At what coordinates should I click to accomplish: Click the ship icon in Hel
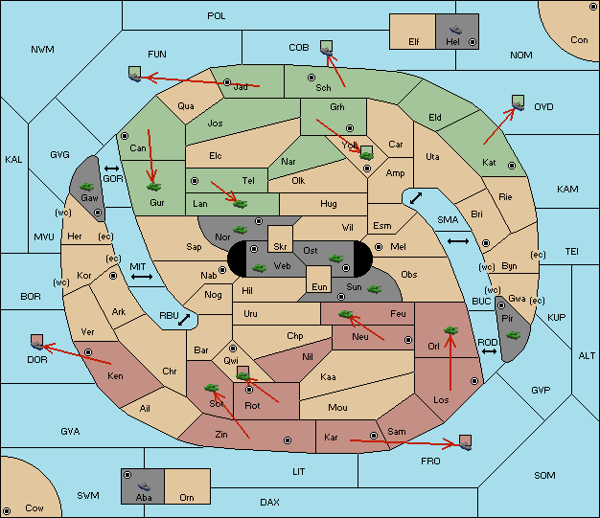point(455,30)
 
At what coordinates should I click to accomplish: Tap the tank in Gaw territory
point(87,187)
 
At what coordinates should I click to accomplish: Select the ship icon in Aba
point(145,486)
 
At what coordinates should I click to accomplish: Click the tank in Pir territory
point(513,335)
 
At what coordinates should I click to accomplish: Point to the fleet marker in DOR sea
point(37,342)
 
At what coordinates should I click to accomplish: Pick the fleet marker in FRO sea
point(465,442)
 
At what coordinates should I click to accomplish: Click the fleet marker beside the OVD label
point(519,103)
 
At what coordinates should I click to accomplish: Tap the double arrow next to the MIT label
point(142,277)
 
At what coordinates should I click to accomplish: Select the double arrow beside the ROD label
point(489,351)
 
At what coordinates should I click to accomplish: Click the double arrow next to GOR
point(111,169)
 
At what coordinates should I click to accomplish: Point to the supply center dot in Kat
point(512,166)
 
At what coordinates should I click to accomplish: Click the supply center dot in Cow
point(7,510)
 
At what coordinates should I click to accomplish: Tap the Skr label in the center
point(280,247)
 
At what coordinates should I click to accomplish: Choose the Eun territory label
point(319,286)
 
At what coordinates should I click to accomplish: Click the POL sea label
point(217,16)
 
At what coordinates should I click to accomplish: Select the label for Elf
point(414,42)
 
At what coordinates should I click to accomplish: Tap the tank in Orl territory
point(450,330)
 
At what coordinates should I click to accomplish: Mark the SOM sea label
point(544,475)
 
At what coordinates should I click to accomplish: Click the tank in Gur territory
point(153,187)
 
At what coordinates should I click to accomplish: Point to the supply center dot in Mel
point(379,247)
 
